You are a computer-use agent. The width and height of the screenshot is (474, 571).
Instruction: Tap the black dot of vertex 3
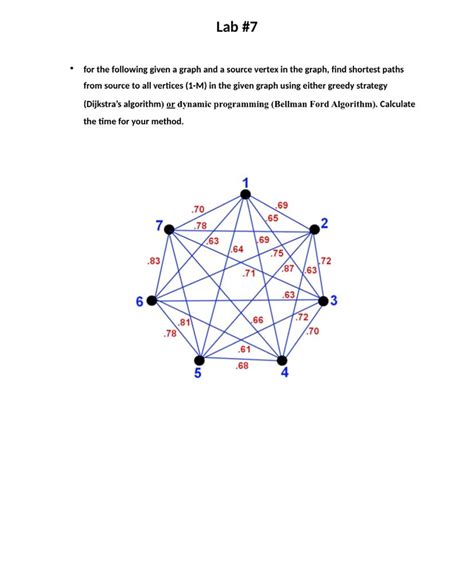coord(322,300)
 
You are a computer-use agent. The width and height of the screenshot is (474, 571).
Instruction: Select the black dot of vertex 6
coord(151,300)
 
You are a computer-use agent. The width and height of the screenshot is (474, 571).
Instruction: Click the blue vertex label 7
coord(157,222)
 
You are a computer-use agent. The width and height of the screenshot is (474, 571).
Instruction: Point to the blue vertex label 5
coord(198,375)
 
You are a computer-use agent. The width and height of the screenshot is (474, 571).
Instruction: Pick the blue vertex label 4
coord(285,374)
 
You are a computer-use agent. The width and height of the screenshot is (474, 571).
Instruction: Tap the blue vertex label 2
coord(325,222)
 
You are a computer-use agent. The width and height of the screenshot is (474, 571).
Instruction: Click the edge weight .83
coord(154,261)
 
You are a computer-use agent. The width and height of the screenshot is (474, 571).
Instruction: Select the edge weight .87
coord(287,269)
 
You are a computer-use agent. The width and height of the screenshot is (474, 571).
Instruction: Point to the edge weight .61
coord(245,349)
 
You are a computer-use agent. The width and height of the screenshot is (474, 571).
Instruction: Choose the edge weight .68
coord(242,366)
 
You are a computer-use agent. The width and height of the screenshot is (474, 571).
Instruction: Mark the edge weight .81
coord(185,322)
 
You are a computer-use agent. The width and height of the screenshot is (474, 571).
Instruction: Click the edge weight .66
coord(257,320)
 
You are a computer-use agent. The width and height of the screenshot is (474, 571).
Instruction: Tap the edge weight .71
coord(249,273)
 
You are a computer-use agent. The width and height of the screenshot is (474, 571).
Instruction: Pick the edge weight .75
coord(277,253)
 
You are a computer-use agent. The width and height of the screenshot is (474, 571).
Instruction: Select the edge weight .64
coord(237,249)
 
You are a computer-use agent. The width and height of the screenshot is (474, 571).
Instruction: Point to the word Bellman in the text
coord(296,103)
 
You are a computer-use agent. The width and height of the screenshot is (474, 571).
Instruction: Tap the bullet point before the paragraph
coord(71,68)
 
